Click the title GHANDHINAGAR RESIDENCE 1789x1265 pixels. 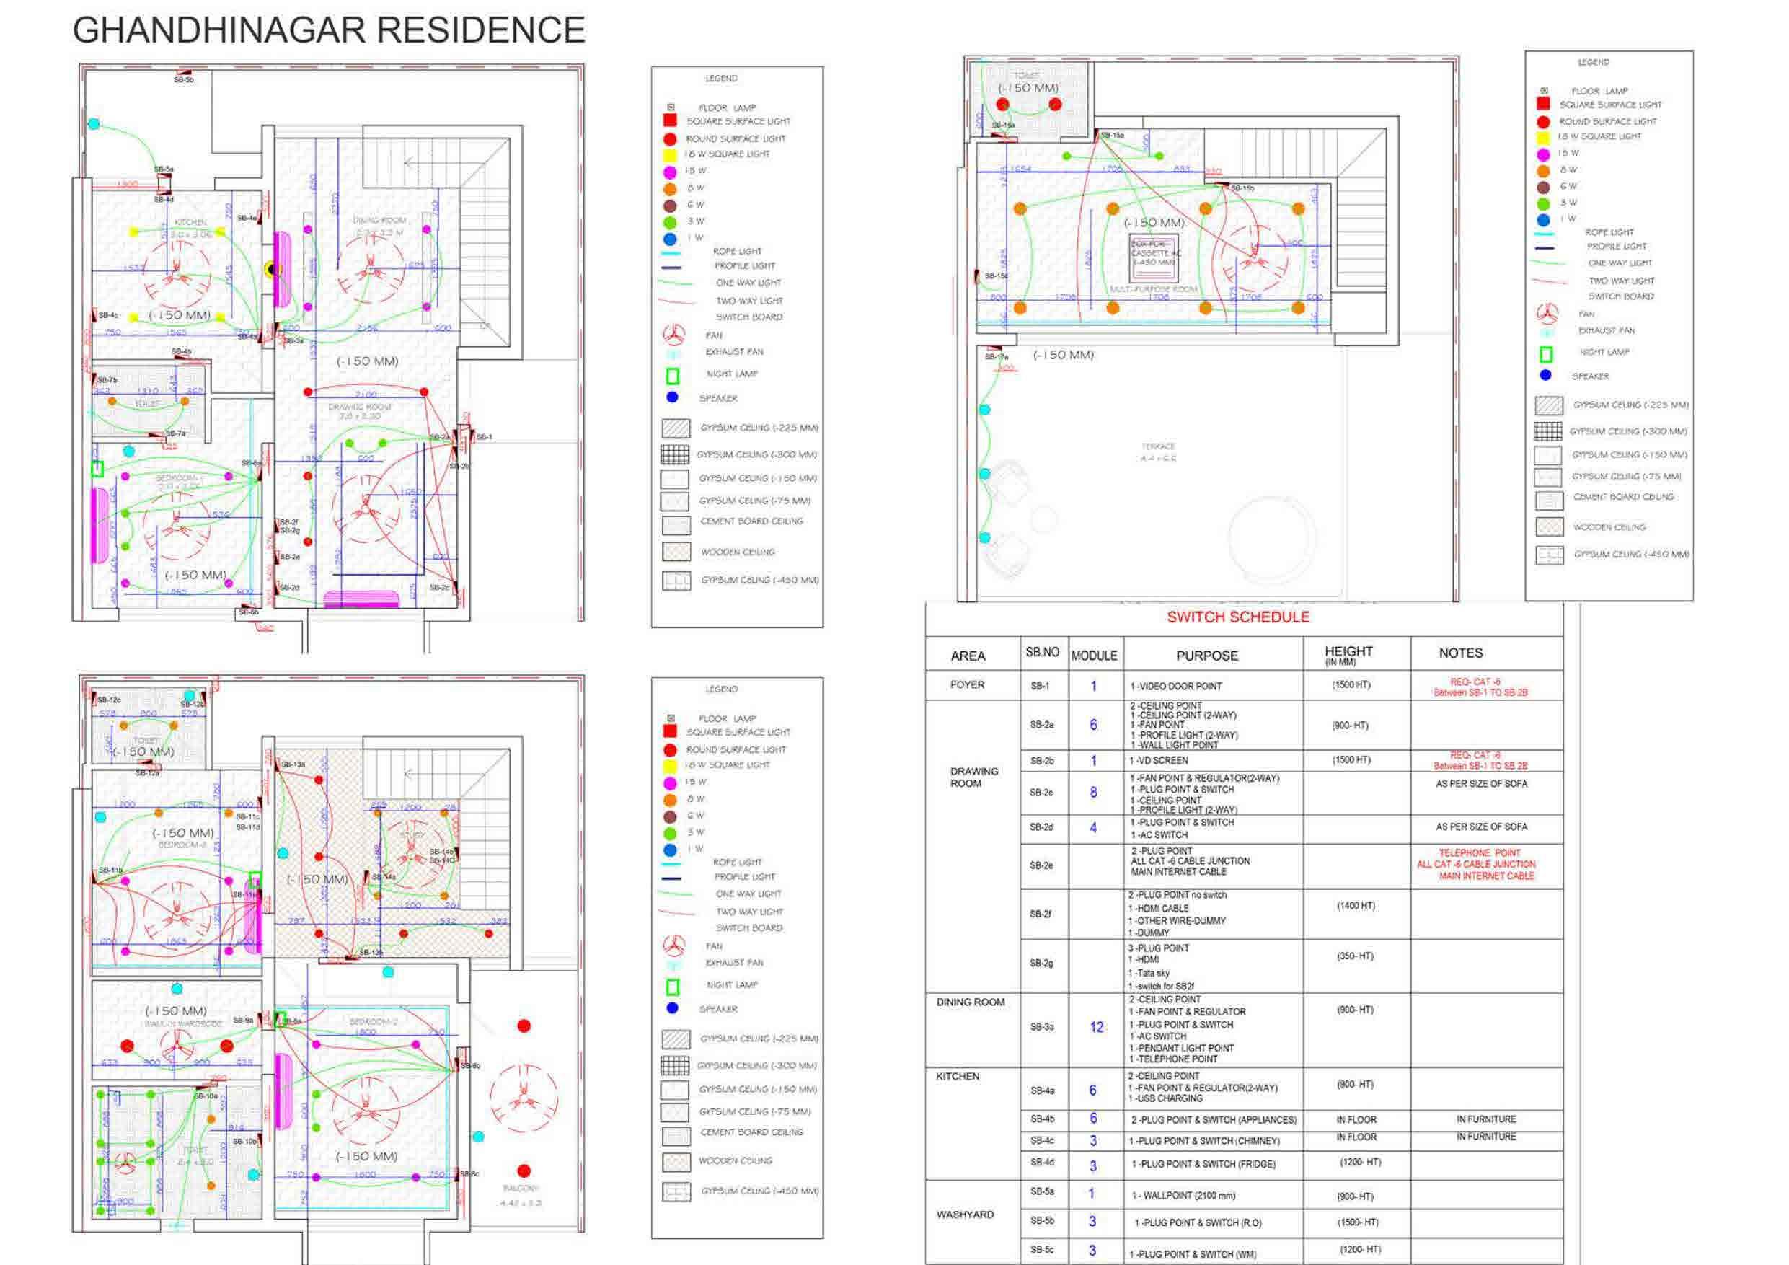328,31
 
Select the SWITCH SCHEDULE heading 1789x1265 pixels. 1238,617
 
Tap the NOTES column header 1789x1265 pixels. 1460,653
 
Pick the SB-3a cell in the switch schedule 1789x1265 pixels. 1042,1027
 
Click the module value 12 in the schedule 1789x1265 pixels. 1096,1027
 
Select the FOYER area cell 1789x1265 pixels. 967,685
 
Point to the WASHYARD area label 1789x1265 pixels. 965,1215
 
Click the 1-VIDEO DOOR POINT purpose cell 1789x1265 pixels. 1176,687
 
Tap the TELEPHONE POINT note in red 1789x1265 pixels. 1479,853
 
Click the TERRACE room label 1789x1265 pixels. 1158,446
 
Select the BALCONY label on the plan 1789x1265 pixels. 521,1189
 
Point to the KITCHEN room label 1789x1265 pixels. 190,223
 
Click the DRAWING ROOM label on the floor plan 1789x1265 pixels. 359,407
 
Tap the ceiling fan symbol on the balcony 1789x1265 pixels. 524,1100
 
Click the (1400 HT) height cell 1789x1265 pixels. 1356,906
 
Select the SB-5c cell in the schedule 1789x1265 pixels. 1042,1250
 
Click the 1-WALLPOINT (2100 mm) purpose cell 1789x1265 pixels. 1183,1196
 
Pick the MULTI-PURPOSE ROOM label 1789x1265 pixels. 1153,289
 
